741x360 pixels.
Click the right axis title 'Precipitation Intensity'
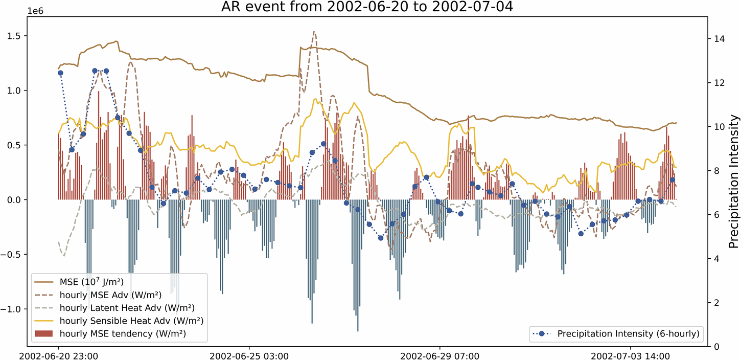click(734, 182)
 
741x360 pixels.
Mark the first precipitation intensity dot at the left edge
click(60, 73)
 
